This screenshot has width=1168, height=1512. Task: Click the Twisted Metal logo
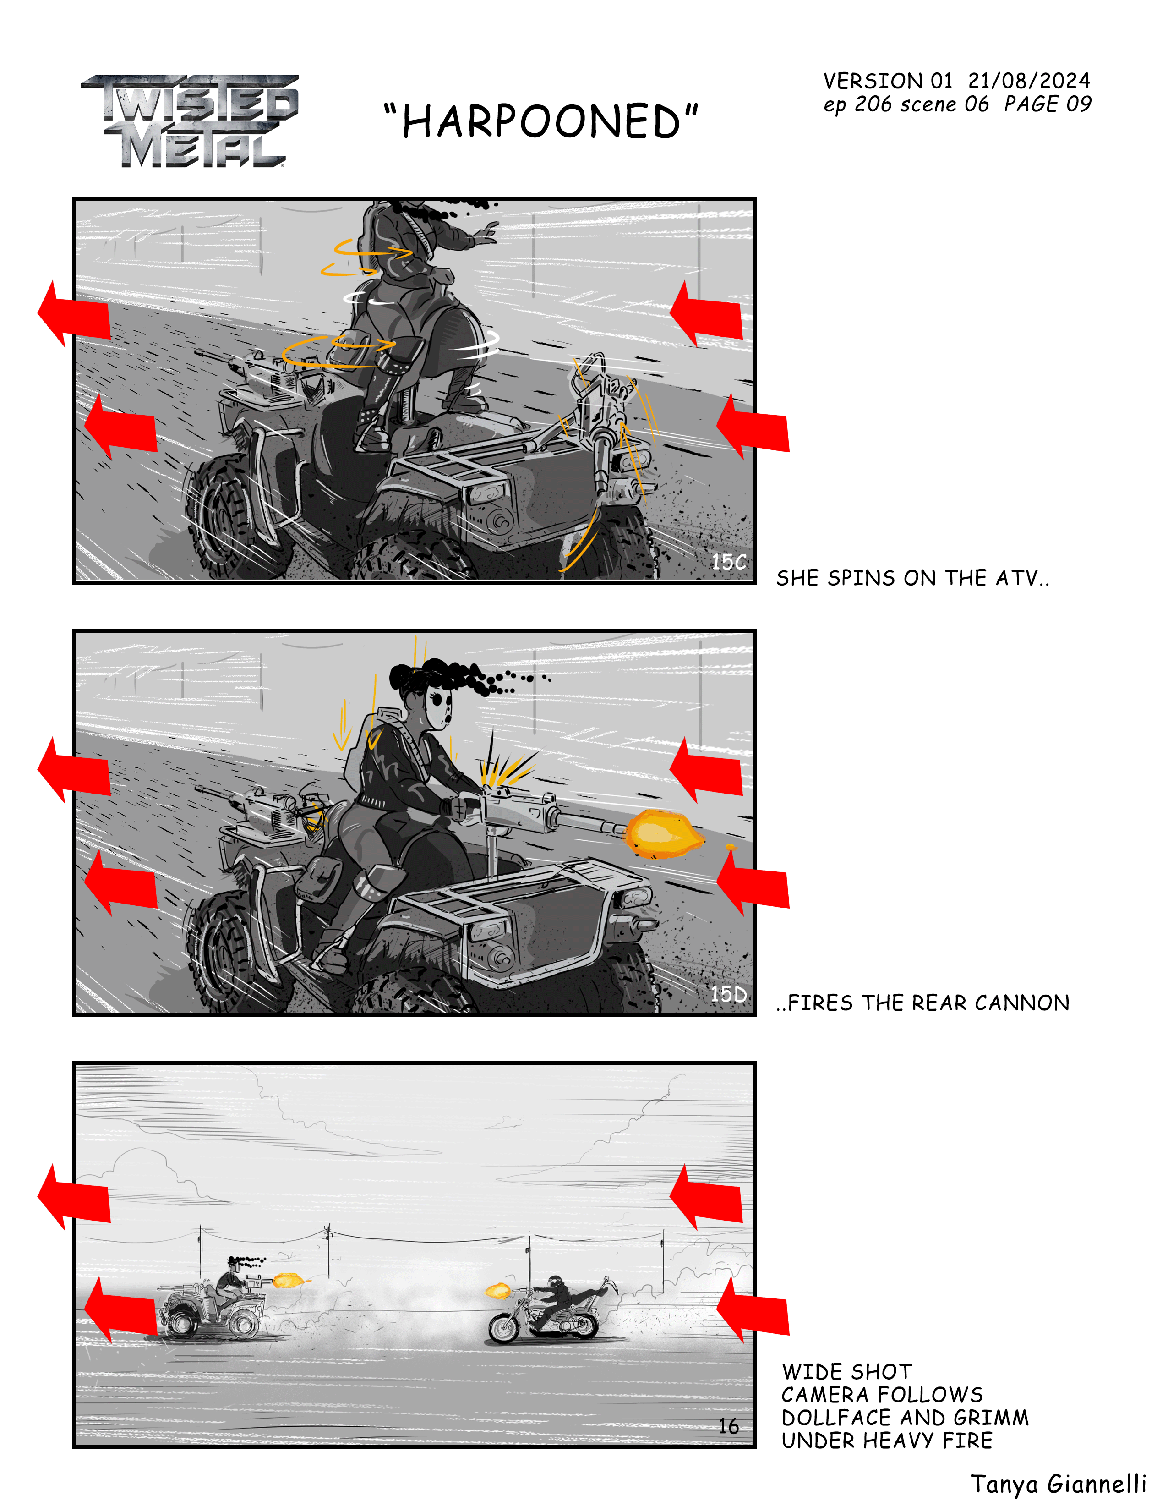(x=190, y=121)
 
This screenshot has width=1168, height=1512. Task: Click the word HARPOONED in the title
(x=541, y=122)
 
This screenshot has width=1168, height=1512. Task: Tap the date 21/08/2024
(x=1029, y=81)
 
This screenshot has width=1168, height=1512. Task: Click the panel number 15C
(x=729, y=561)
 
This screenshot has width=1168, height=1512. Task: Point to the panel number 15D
(x=729, y=994)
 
